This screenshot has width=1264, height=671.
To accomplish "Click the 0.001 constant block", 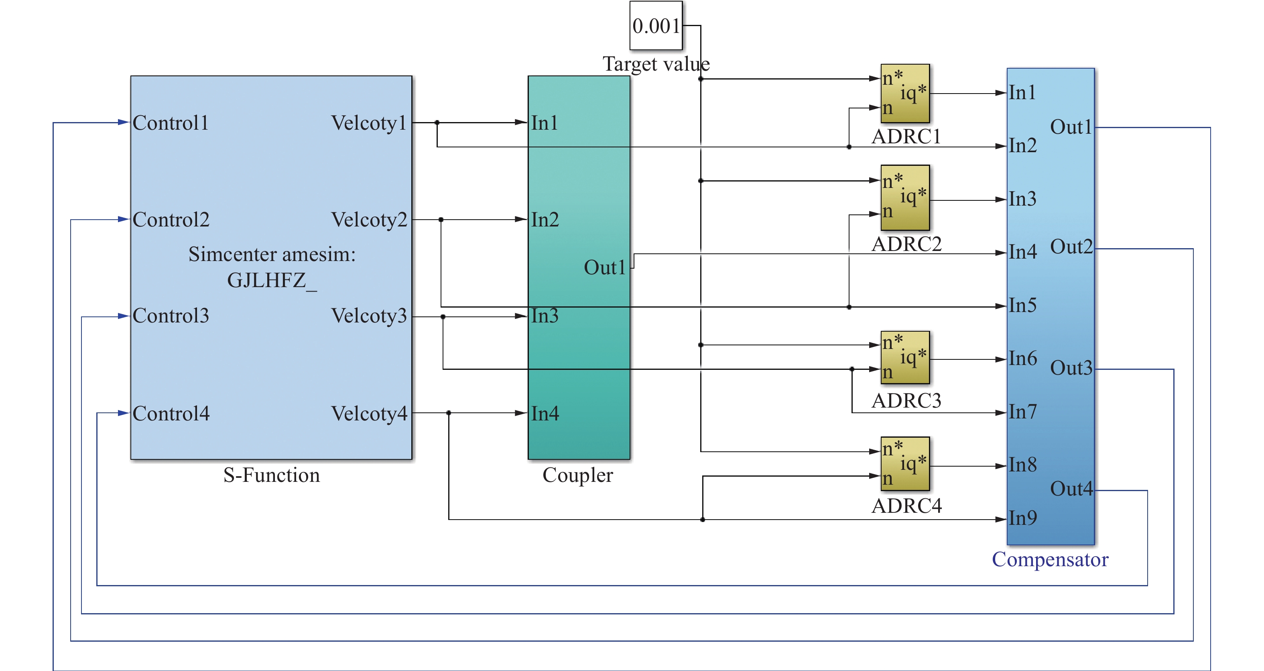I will click(x=656, y=26).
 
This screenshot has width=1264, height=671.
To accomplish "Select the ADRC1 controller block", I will click(x=905, y=93).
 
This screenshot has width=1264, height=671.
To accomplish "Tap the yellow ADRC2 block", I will click(x=905, y=197).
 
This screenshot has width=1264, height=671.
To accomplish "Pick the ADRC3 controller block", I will click(x=905, y=357).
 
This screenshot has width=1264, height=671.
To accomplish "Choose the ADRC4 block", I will click(x=905, y=463).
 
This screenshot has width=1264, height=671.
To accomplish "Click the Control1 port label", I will click(x=171, y=123).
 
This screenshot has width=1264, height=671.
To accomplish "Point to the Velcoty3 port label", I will click(x=369, y=316).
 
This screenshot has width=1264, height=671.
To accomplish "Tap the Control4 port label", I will click(x=171, y=414).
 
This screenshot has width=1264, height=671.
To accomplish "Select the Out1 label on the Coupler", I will click(x=605, y=268).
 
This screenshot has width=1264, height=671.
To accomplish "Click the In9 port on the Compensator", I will click(x=1022, y=518).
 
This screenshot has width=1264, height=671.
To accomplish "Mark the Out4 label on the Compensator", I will click(x=1071, y=489).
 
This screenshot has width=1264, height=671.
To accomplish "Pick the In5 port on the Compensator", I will click(x=1022, y=305).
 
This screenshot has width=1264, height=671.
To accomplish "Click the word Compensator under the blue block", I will click(x=1050, y=560).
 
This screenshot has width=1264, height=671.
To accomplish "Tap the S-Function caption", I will click(x=271, y=475).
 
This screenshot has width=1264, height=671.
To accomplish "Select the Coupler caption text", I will click(x=577, y=475).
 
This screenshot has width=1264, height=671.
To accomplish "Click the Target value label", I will click(x=656, y=64).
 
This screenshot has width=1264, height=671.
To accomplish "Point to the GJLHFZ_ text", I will click(x=272, y=280).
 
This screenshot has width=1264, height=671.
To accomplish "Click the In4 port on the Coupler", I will click(x=545, y=414).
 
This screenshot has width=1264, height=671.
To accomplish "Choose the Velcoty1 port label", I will click(x=369, y=123).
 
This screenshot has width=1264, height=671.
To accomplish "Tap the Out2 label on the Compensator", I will click(x=1071, y=247).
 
